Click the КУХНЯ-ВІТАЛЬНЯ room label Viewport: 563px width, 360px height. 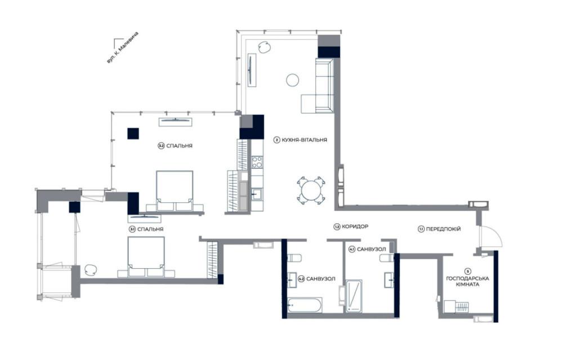304,140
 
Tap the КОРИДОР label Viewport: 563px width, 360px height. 355,226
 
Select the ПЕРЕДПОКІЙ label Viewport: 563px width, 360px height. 443,229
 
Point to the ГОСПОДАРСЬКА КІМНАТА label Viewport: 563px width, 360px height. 467,281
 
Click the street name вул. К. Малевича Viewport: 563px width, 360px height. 122,48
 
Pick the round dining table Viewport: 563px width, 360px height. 311,190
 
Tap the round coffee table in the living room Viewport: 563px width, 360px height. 293,80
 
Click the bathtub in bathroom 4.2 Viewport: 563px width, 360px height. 305,305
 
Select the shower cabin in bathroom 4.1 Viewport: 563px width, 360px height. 354,296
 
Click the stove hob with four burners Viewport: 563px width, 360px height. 257,162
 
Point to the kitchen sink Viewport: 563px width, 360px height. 257,194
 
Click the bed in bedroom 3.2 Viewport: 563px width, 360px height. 175,191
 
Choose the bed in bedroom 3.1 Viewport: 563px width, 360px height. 146,256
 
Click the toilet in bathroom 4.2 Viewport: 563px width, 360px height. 295,258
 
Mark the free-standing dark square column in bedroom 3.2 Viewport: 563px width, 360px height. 133,134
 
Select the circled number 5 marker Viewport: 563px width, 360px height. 467,271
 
